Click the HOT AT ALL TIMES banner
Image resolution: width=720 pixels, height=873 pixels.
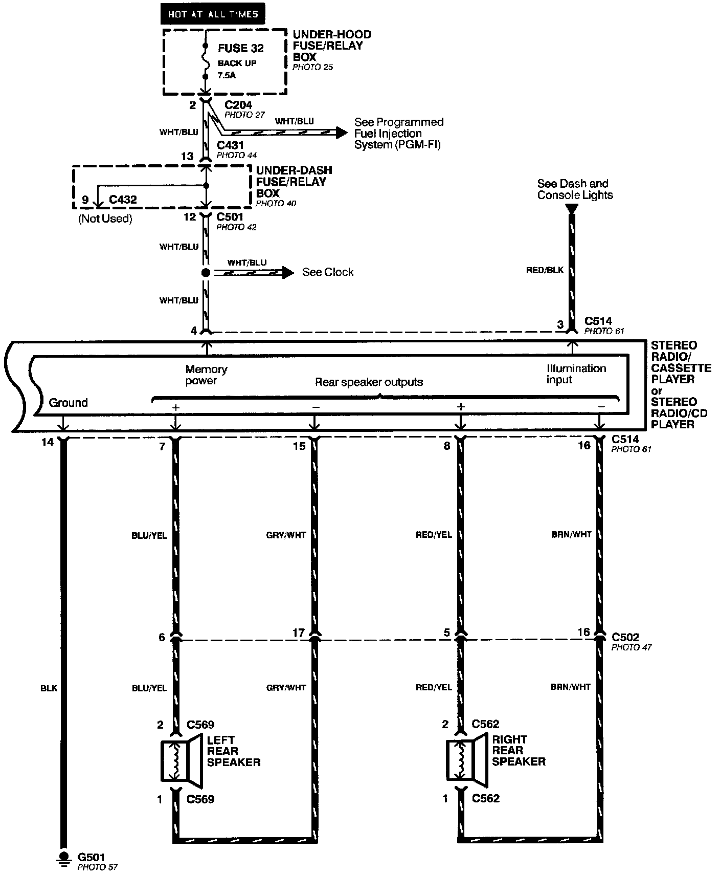click(213, 14)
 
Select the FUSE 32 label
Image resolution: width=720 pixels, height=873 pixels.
click(241, 48)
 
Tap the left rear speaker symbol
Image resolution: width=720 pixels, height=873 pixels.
click(182, 760)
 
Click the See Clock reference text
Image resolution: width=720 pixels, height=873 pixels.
click(328, 272)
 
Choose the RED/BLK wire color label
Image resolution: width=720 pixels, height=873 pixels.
click(545, 270)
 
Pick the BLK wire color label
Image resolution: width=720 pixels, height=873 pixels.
click(49, 688)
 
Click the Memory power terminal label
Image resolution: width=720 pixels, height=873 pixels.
click(207, 375)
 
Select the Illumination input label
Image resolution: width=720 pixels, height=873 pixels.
click(576, 374)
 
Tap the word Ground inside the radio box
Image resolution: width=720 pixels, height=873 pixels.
click(69, 403)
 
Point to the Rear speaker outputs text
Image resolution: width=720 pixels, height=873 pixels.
click(369, 382)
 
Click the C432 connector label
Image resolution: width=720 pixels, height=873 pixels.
click(123, 199)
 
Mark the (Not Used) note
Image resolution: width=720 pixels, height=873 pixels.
click(105, 219)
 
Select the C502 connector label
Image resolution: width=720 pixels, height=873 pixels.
click(625, 638)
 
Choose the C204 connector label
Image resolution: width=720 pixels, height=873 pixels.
click(238, 105)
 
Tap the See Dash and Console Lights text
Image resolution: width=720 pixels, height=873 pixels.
click(575, 189)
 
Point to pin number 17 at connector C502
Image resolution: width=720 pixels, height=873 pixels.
click(299, 634)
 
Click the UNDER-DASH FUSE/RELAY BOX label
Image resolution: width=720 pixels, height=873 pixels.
click(294, 182)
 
